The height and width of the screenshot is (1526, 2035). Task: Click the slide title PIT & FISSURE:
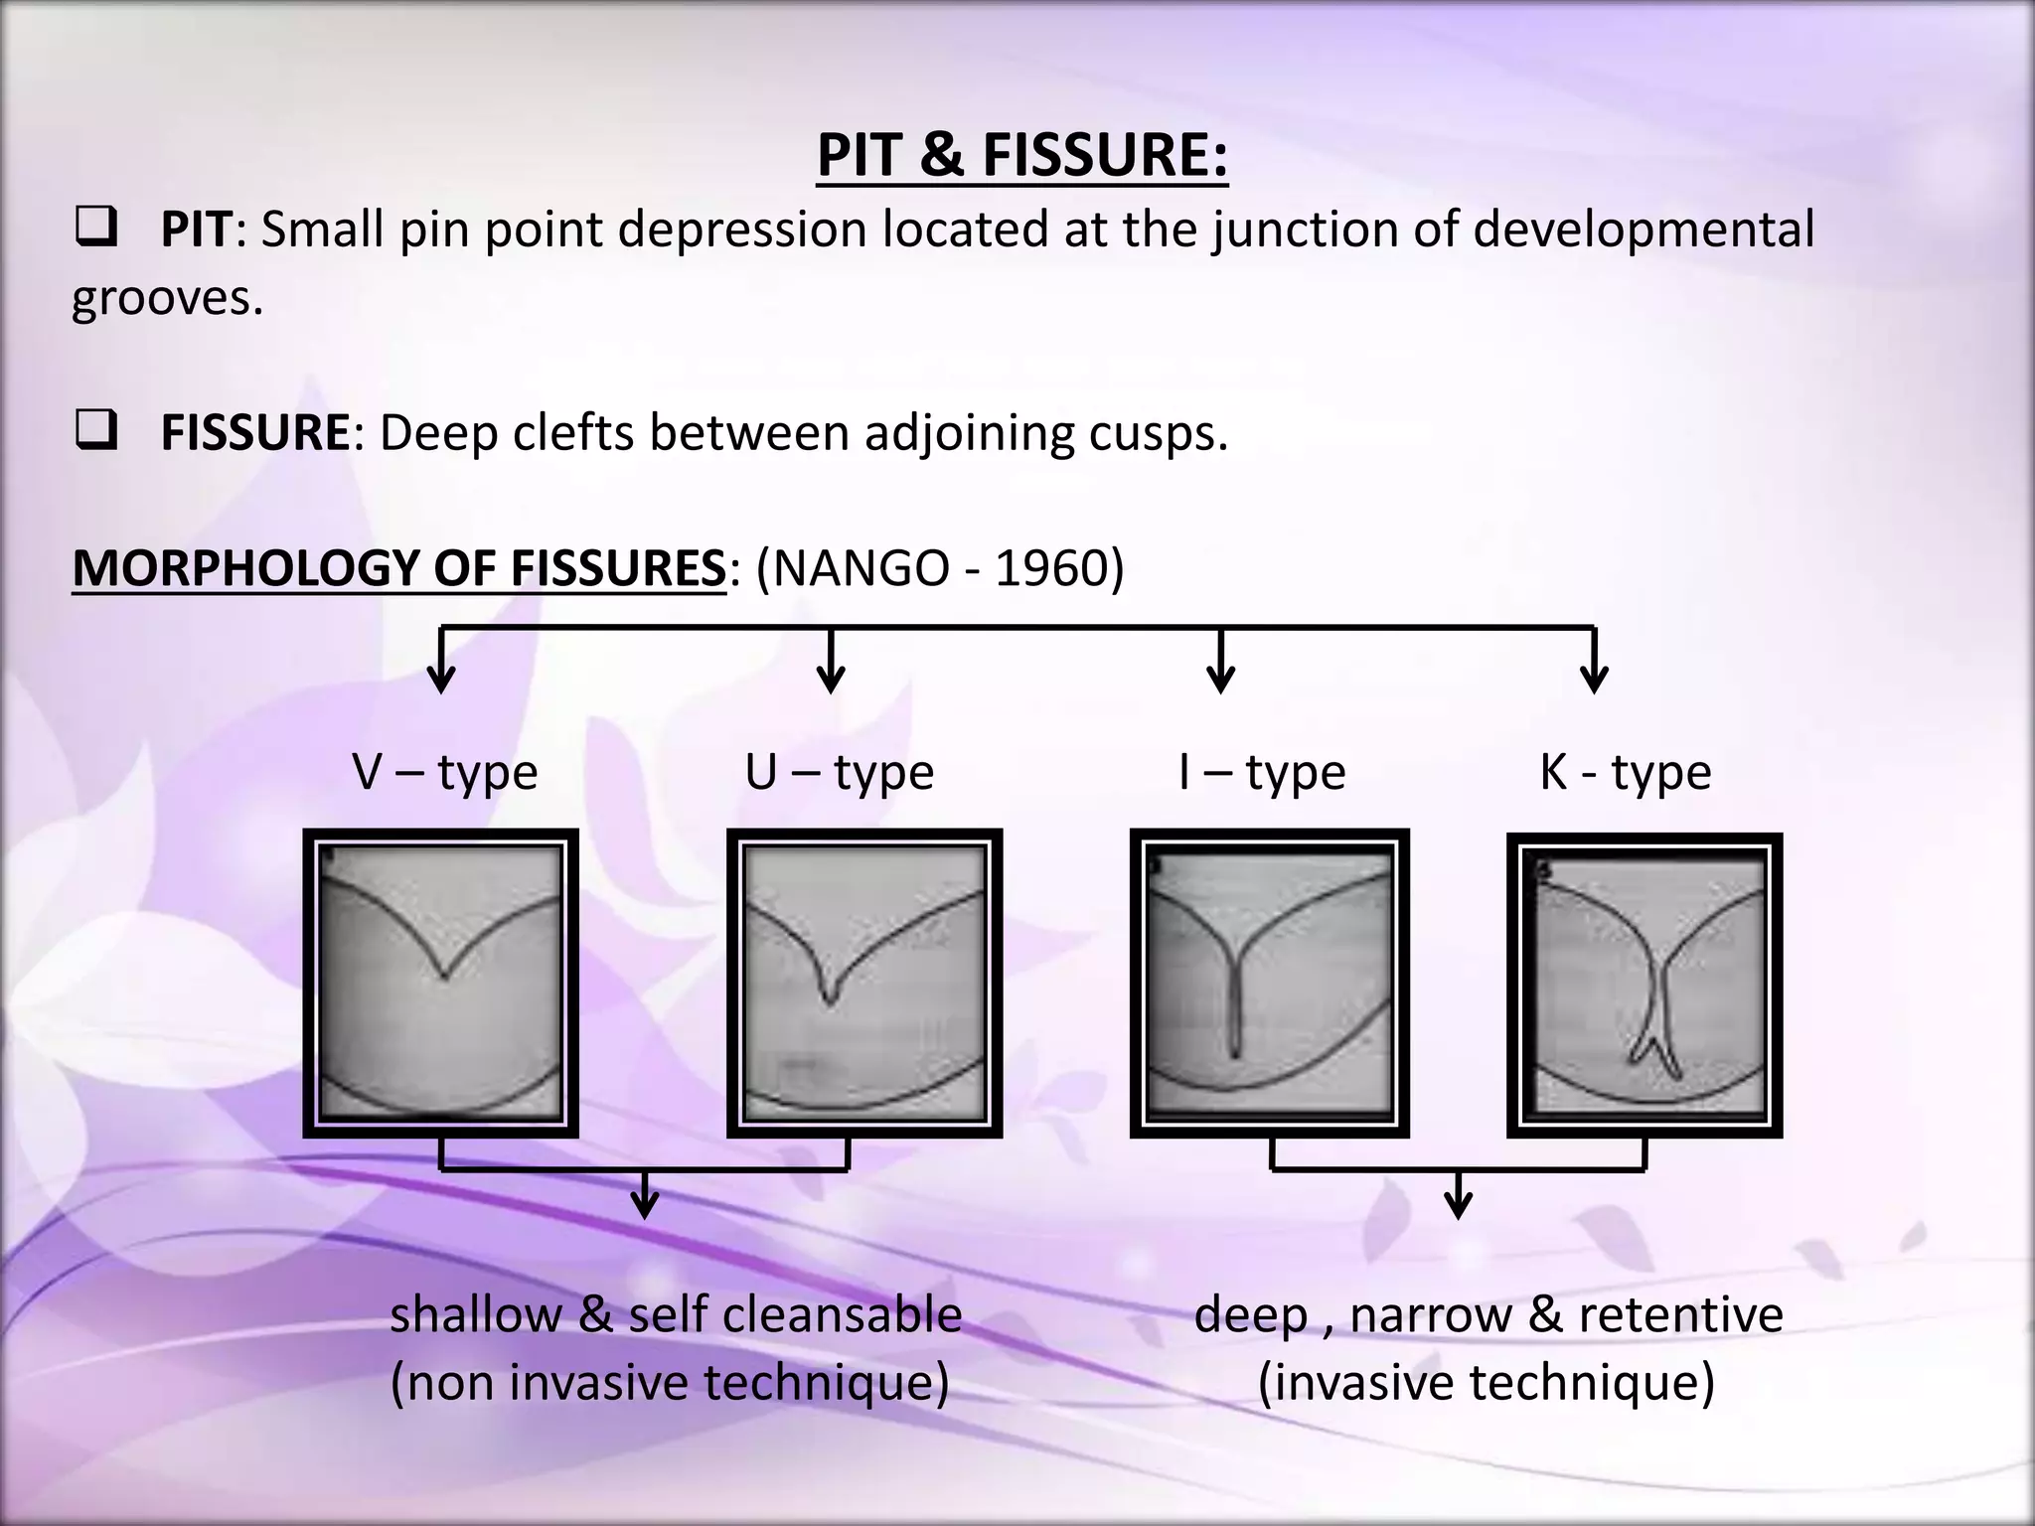1022,156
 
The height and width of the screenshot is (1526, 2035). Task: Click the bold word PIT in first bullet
196,230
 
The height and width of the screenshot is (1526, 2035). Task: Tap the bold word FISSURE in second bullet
255,433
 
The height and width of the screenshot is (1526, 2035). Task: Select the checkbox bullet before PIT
95,230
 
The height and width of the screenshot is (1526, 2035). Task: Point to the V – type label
444,772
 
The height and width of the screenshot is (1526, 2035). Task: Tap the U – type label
840,772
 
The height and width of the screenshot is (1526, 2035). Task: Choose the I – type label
1262,772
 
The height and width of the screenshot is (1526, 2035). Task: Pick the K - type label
1626,772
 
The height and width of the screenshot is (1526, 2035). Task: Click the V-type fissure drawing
441,983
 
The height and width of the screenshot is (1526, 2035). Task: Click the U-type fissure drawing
864,983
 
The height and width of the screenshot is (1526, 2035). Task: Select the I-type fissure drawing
1269,983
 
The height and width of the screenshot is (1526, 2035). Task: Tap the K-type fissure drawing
1644,985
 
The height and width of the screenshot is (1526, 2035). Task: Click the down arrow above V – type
441,666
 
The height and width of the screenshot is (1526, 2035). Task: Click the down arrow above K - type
1594,666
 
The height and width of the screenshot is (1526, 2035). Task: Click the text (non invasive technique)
670,1383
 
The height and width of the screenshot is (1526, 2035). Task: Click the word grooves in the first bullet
167,298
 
